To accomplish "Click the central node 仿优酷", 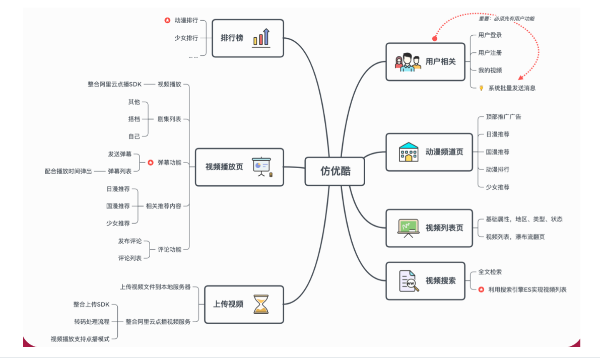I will (335, 171).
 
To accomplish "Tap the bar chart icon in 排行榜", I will (261, 37).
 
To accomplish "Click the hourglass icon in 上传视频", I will (261, 304).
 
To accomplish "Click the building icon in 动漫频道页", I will (409, 152).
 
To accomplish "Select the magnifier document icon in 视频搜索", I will (409, 281).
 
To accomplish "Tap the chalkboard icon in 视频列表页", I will (409, 228).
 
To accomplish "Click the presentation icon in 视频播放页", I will (261, 167).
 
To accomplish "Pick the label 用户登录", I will (490, 35).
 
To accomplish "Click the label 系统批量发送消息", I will (512, 88).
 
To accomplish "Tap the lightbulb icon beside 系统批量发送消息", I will (481, 88).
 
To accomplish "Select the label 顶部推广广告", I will (503, 117).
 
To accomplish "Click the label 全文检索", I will (490, 272).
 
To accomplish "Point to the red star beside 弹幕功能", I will (151, 163).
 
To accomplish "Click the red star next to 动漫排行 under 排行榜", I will (167, 21).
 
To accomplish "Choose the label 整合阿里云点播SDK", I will (114, 84).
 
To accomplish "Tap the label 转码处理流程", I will (91, 322).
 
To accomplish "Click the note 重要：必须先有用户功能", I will (506, 19).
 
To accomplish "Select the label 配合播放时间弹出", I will (69, 171).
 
